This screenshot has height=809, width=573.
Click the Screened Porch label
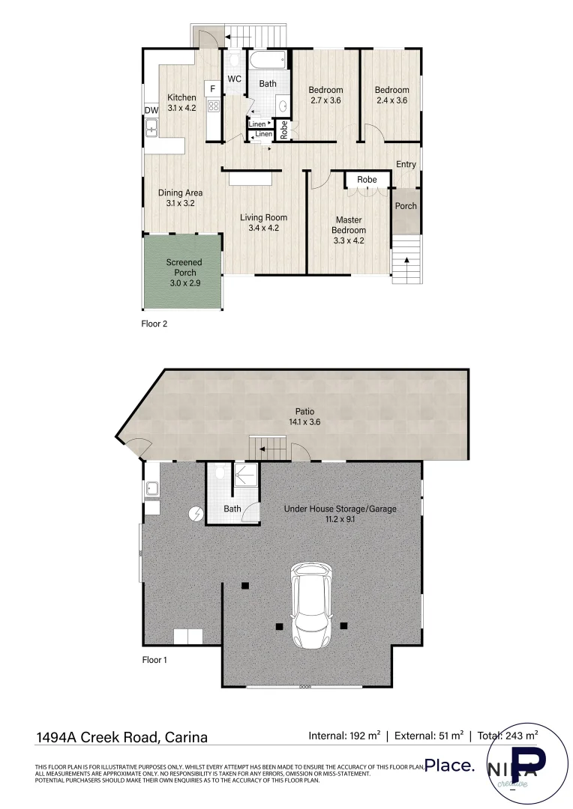(x=184, y=267)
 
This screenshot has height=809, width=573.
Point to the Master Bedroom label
(x=349, y=225)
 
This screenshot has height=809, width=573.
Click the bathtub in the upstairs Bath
(x=267, y=61)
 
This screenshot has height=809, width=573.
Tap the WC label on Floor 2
(x=234, y=79)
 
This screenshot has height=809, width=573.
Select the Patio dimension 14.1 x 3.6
(x=304, y=422)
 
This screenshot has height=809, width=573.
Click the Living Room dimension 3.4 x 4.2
(x=263, y=228)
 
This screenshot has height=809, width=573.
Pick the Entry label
(x=406, y=165)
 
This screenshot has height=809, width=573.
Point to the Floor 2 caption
(x=155, y=324)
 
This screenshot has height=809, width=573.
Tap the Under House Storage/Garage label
(x=340, y=509)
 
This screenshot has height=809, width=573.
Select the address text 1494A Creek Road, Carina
(x=121, y=737)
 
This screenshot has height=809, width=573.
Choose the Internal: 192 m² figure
(x=343, y=736)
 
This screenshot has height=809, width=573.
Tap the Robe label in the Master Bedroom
(x=367, y=180)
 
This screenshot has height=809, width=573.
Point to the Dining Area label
(x=180, y=193)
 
